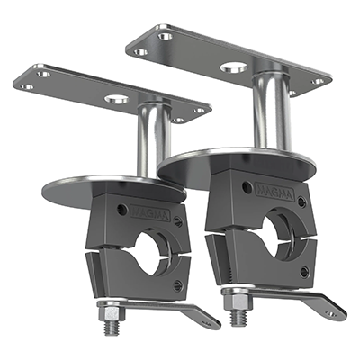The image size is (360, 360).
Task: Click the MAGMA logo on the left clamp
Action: (x=151, y=212)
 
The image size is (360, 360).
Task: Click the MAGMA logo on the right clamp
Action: (x=275, y=193)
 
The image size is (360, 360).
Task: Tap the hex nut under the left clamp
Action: (x=111, y=313)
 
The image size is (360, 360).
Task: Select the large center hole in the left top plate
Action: (x=117, y=98)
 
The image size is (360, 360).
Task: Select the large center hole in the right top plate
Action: (x=234, y=67)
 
